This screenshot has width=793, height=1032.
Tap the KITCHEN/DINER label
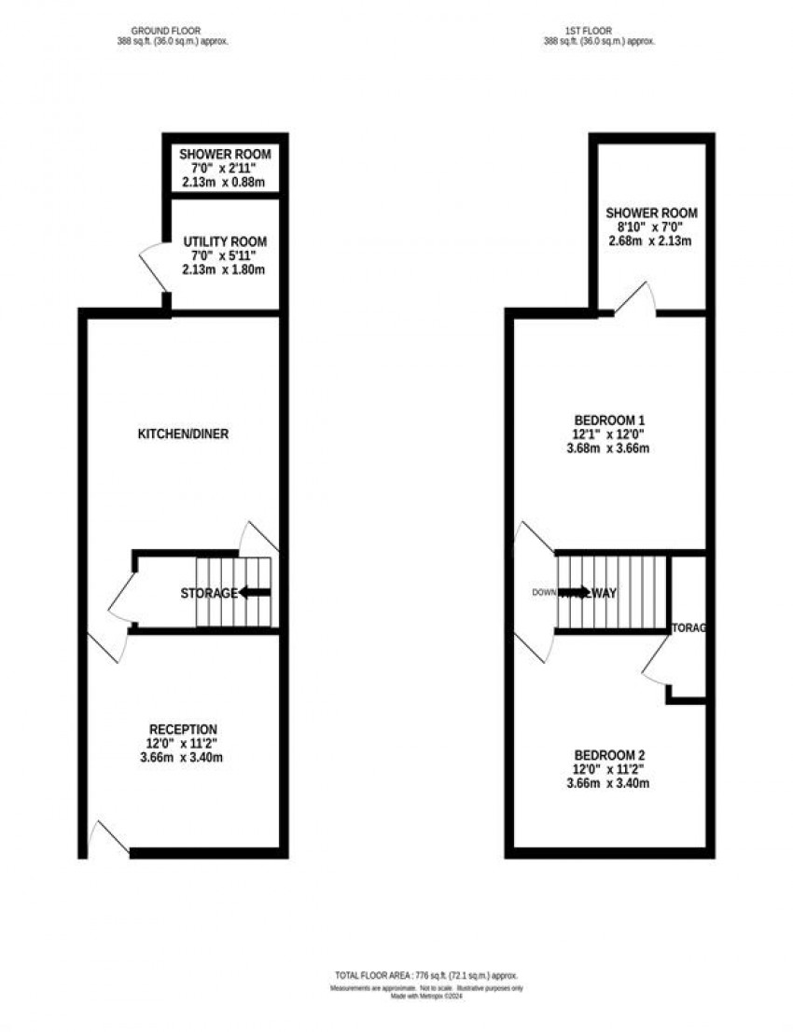pyautogui.click(x=184, y=434)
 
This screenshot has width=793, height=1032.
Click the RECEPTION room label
pyautogui.click(x=184, y=729)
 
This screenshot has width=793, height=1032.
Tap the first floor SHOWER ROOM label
pyautogui.click(x=651, y=213)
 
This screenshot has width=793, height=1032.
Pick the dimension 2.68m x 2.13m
pyautogui.click(x=651, y=241)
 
